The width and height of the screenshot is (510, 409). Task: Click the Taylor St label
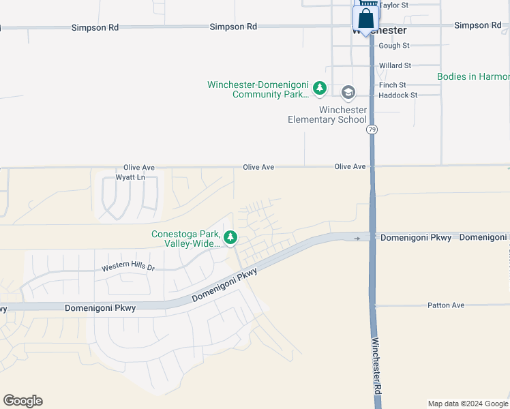click(x=393, y=5)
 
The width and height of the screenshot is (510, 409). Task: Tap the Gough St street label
click(x=394, y=46)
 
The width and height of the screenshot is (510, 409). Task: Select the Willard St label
click(x=395, y=66)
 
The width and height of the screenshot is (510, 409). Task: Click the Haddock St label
click(x=397, y=95)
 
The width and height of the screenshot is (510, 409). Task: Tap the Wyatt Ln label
click(x=130, y=177)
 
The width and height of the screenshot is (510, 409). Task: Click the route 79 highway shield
click(x=372, y=129)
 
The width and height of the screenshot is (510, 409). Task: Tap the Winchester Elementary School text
click(x=327, y=115)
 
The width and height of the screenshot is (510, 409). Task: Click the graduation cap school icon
click(x=348, y=92)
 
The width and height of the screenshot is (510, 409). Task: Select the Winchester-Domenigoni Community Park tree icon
click(x=319, y=88)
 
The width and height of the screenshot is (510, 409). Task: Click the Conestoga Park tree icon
click(x=231, y=237)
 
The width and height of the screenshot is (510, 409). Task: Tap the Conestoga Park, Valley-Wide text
click(x=185, y=238)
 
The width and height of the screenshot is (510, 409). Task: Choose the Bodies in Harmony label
click(x=473, y=77)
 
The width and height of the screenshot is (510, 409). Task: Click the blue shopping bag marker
click(x=366, y=18)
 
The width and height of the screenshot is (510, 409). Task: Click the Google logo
click(x=22, y=401)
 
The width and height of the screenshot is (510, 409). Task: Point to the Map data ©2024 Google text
click(x=468, y=404)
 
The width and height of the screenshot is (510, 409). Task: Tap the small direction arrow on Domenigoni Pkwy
click(x=357, y=238)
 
